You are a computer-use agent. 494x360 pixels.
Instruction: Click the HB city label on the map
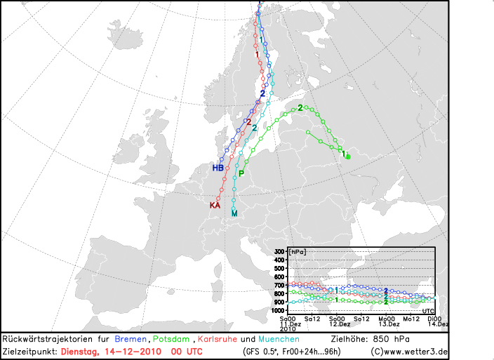tap(218, 168)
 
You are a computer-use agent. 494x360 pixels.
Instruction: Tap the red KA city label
tap(215, 206)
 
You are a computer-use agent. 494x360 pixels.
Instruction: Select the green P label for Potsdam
tap(241, 173)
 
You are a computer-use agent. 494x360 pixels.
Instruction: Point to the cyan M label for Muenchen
tap(234, 213)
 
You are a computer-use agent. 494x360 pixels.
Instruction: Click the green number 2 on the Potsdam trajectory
tap(300, 107)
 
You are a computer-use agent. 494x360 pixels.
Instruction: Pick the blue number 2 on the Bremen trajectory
tap(262, 93)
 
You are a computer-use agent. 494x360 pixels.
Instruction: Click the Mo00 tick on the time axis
tap(387, 318)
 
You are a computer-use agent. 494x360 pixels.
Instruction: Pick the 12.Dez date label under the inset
tap(340, 324)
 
